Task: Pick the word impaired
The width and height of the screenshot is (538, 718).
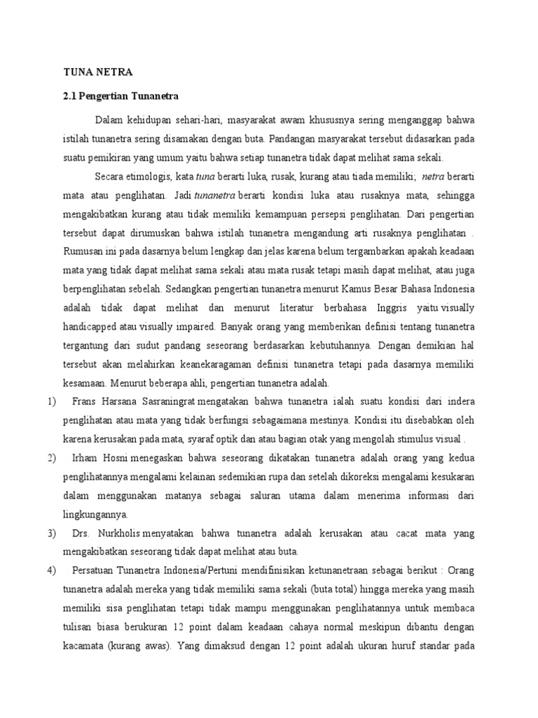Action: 194,325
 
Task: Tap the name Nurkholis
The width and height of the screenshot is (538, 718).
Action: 129,534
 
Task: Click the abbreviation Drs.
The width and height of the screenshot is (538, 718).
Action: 83,534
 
